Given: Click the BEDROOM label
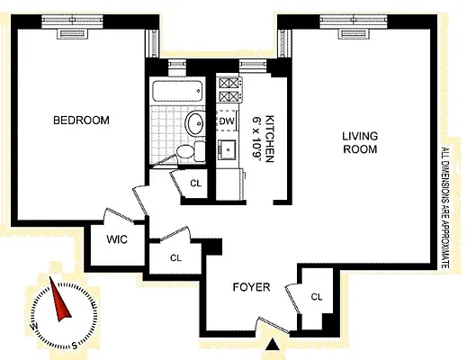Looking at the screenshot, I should click(x=81, y=121).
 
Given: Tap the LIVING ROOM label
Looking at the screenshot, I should click(x=359, y=143).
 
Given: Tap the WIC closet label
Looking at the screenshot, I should click(x=116, y=240).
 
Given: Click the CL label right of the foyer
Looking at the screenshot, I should click(x=317, y=296).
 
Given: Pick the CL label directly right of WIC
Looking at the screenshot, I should click(x=175, y=257).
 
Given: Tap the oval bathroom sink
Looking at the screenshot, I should click(x=194, y=123).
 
